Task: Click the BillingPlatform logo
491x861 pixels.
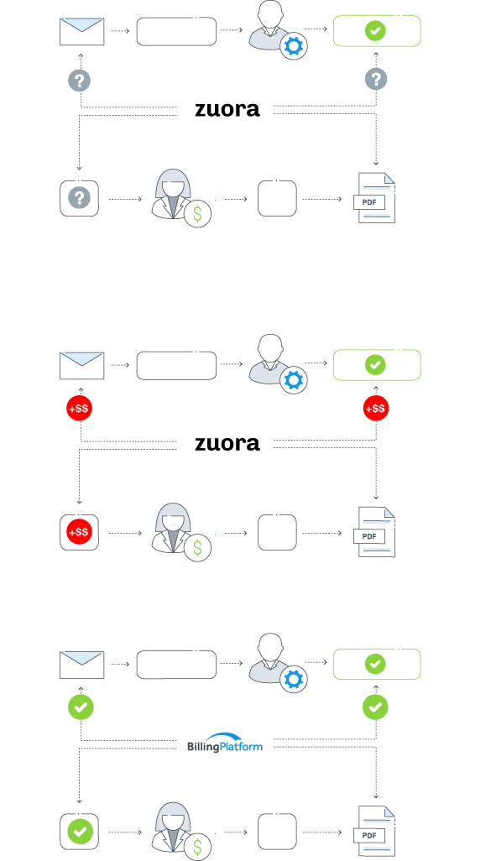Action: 225,743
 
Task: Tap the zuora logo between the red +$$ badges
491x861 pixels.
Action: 227,443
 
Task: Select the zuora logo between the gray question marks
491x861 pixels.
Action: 227,109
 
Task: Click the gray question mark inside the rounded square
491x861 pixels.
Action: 79,198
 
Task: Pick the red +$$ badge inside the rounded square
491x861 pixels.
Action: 79,532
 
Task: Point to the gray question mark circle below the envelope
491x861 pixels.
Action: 80,81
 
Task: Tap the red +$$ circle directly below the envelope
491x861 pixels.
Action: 79,409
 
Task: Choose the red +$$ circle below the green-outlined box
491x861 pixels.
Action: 376,409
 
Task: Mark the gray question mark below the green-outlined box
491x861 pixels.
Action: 376,80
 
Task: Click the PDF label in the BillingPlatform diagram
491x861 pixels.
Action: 369,835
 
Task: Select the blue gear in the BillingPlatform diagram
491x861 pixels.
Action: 293,680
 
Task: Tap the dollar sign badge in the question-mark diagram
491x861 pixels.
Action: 198,215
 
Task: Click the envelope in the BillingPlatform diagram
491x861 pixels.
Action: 82,664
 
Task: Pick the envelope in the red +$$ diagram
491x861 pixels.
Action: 82,365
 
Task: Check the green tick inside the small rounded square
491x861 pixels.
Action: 81,832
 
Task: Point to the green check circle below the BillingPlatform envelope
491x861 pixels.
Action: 81,707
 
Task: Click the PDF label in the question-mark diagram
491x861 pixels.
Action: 369,201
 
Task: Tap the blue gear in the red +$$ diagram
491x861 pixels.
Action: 293,380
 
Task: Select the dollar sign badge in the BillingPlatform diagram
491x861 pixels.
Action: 198,847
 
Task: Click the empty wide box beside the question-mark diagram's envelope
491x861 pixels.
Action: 176,31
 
